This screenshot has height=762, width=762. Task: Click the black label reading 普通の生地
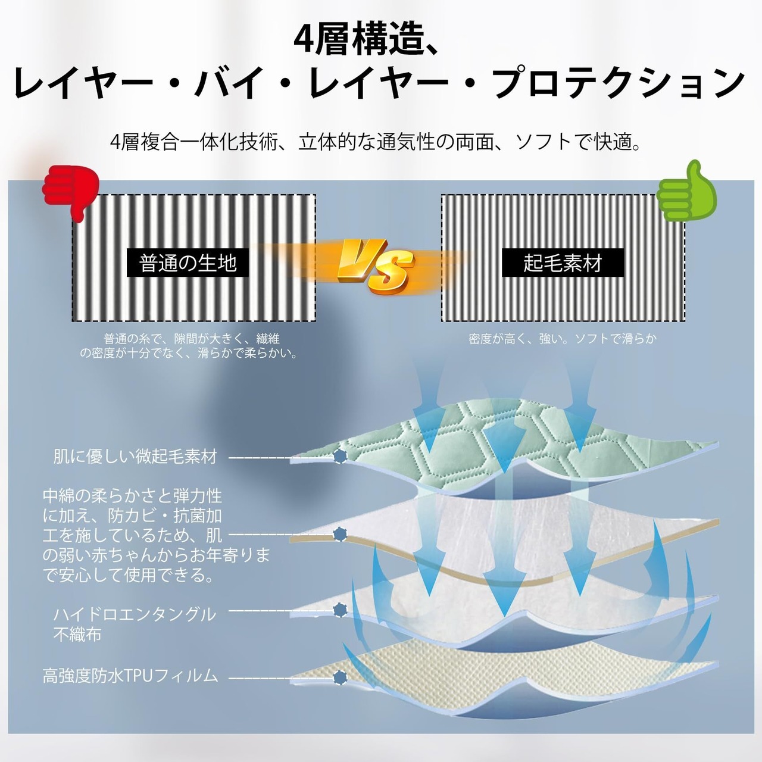[x=188, y=263]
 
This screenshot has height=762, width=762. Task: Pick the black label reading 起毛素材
[x=563, y=263]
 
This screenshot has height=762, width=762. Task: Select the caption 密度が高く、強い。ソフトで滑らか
[x=563, y=339]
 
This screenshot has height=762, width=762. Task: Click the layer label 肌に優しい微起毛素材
[x=135, y=457]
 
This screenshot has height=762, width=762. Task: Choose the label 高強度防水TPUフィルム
[x=130, y=676]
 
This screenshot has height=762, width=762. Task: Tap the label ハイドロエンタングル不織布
[x=135, y=624]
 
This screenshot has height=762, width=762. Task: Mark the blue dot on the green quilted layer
[x=340, y=457]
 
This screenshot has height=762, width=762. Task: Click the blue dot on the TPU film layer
[x=340, y=677]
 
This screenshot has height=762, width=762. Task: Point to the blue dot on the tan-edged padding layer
[x=340, y=535]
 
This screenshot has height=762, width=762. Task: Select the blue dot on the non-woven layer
[x=340, y=610]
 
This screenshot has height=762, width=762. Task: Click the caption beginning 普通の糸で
[x=189, y=346]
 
